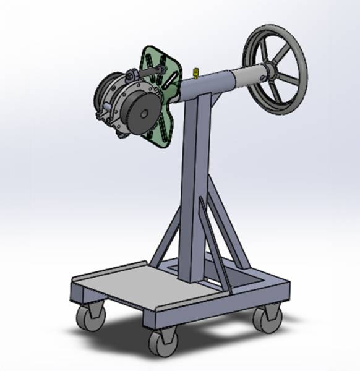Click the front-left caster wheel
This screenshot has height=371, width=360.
(x=90, y=317)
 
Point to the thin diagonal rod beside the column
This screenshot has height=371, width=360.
(x=214, y=241)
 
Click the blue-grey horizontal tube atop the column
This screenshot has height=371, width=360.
(x=210, y=83)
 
